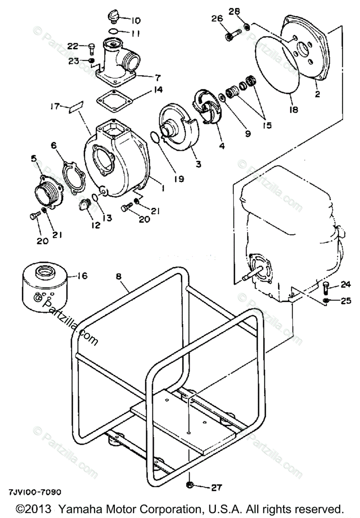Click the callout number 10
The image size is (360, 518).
pos(136,21)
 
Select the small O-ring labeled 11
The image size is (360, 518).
pos(113,31)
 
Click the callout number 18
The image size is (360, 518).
pos(294,109)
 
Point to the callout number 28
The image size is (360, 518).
pos(235,11)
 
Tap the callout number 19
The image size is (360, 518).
pos(179,179)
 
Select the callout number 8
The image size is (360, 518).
pos(119,277)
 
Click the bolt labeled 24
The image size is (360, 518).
pos(325,287)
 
